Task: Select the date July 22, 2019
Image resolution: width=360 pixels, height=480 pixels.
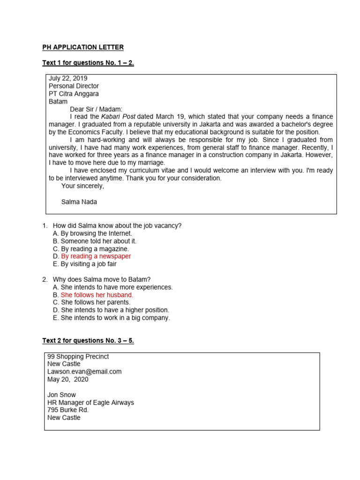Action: (68, 78)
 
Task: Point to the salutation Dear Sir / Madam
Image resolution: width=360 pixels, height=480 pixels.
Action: (96, 109)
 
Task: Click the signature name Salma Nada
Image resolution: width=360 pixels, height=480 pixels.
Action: (79, 202)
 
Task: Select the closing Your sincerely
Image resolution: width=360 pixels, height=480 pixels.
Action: (82, 186)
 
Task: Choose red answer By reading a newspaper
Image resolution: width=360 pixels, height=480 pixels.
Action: (96, 256)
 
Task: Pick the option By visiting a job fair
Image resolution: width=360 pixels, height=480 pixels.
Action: (89, 264)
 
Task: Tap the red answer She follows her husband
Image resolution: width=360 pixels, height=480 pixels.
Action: (97, 295)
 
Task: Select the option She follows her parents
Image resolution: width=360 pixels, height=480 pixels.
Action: (95, 302)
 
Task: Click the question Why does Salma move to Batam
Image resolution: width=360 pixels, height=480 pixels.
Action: (102, 279)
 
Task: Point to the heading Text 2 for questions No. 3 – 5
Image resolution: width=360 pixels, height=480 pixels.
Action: (88, 340)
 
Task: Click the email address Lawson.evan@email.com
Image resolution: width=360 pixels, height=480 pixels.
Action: (84, 372)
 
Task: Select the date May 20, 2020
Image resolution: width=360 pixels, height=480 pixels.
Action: (67, 379)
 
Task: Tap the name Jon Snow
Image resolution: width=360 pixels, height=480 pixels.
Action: (61, 395)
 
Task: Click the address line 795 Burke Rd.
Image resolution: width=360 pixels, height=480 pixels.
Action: (68, 410)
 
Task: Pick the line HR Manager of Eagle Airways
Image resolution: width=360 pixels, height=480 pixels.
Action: (90, 403)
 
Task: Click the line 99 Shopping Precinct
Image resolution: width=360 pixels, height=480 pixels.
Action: (78, 356)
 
